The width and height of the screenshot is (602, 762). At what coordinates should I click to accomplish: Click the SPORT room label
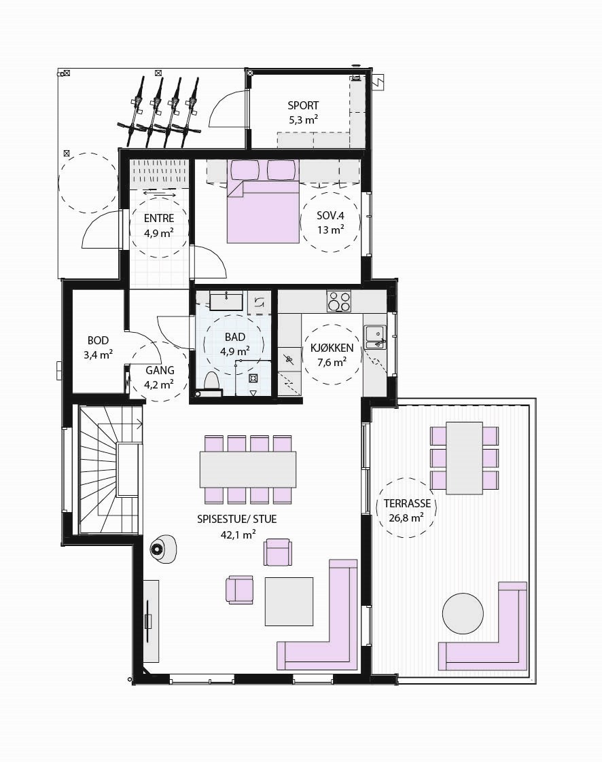302,106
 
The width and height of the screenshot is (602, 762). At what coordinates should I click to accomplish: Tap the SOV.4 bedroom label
330,216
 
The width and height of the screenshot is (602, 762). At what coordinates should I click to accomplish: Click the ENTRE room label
159,219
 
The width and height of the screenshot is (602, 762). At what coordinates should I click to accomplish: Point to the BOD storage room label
98,341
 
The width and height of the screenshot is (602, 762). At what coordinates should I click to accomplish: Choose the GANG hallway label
160,371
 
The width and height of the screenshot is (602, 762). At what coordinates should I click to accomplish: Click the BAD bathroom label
234,337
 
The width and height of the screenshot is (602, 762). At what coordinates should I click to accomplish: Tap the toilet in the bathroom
210,382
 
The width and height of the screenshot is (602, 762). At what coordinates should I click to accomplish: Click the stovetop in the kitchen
339,301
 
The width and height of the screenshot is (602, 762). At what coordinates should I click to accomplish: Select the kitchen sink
374,335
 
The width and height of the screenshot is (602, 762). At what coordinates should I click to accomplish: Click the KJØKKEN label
331,348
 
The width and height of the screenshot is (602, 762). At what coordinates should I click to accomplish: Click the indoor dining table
248,469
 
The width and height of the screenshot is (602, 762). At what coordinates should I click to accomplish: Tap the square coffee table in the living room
289,601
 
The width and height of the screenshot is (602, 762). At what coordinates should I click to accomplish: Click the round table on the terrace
463,613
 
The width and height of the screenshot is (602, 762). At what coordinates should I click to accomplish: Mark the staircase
109,469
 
